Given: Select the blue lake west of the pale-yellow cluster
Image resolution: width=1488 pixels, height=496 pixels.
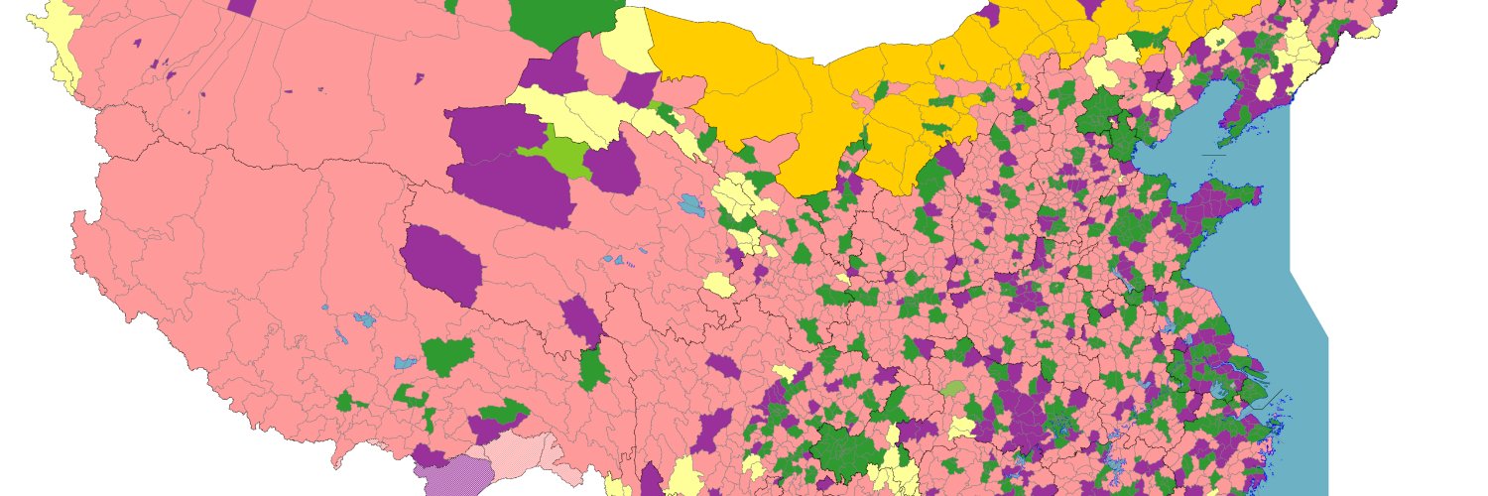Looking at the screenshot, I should click(x=691, y=206).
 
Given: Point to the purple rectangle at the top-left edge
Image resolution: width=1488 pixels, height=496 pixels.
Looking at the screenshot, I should click(x=241, y=6).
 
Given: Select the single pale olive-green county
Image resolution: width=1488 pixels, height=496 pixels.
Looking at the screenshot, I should click(x=953, y=389).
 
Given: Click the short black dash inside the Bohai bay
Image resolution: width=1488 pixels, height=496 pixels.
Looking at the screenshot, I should click(x=1213, y=155).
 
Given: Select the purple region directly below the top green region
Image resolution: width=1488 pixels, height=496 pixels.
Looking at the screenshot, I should click(x=551, y=74).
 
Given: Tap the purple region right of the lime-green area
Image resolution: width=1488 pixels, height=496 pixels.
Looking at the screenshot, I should click(x=611, y=167).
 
